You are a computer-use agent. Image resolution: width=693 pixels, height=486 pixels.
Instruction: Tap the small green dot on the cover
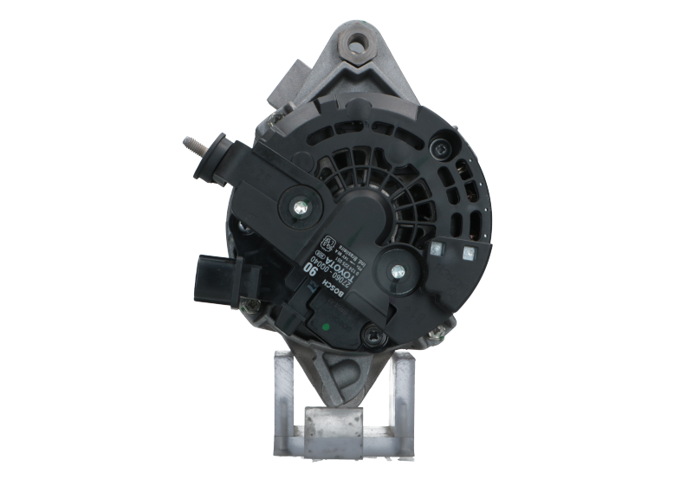coord(325,327)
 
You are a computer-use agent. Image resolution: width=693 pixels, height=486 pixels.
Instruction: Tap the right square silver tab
coord(469,253)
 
